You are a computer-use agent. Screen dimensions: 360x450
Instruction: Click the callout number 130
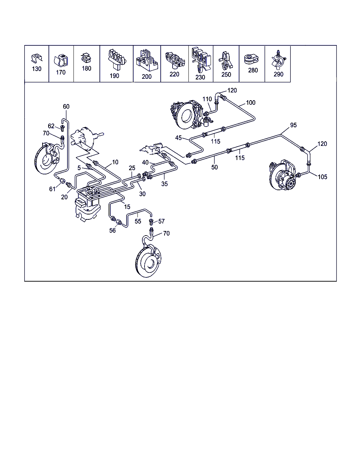pos(37,69)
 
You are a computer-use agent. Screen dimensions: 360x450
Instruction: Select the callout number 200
pos(147,77)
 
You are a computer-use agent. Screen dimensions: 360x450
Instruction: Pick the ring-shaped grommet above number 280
pos(251,59)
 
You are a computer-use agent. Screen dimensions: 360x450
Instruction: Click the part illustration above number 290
pos(279,60)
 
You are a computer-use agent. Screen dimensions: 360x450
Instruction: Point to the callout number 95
pos(293,125)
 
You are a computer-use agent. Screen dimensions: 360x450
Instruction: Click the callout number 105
pos(322,177)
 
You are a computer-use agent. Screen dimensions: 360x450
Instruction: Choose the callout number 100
pos(251,103)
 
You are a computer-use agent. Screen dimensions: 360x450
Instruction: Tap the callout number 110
pos(207,99)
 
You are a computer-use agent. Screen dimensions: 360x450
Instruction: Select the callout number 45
pos(179,138)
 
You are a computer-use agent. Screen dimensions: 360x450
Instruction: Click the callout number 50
pos(214,167)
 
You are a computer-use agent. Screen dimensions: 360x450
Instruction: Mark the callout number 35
pos(165,184)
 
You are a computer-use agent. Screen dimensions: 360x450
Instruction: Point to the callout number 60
pos(66,107)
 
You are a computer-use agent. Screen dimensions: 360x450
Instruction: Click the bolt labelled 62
pos(62,128)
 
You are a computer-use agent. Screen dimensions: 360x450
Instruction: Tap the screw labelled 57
pos(151,222)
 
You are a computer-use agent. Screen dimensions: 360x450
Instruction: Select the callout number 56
pos(112,230)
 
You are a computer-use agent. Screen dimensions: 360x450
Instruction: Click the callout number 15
pos(127,207)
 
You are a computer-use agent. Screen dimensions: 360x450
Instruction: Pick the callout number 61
pos(52,189)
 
